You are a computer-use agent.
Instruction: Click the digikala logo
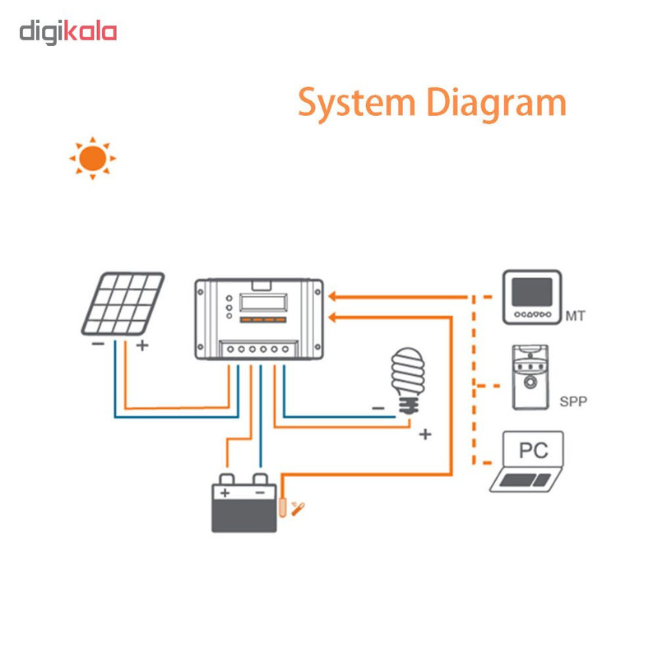68,32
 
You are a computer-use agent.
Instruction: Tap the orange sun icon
92,157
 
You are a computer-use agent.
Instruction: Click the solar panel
123,304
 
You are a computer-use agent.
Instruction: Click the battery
243,507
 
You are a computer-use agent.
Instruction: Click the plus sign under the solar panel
141,345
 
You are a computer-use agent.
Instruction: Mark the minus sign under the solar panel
99,345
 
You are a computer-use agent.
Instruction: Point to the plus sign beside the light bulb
425,433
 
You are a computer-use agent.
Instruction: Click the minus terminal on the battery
261,492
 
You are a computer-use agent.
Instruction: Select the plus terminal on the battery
225,492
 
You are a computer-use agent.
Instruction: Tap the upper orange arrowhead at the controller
332,296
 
